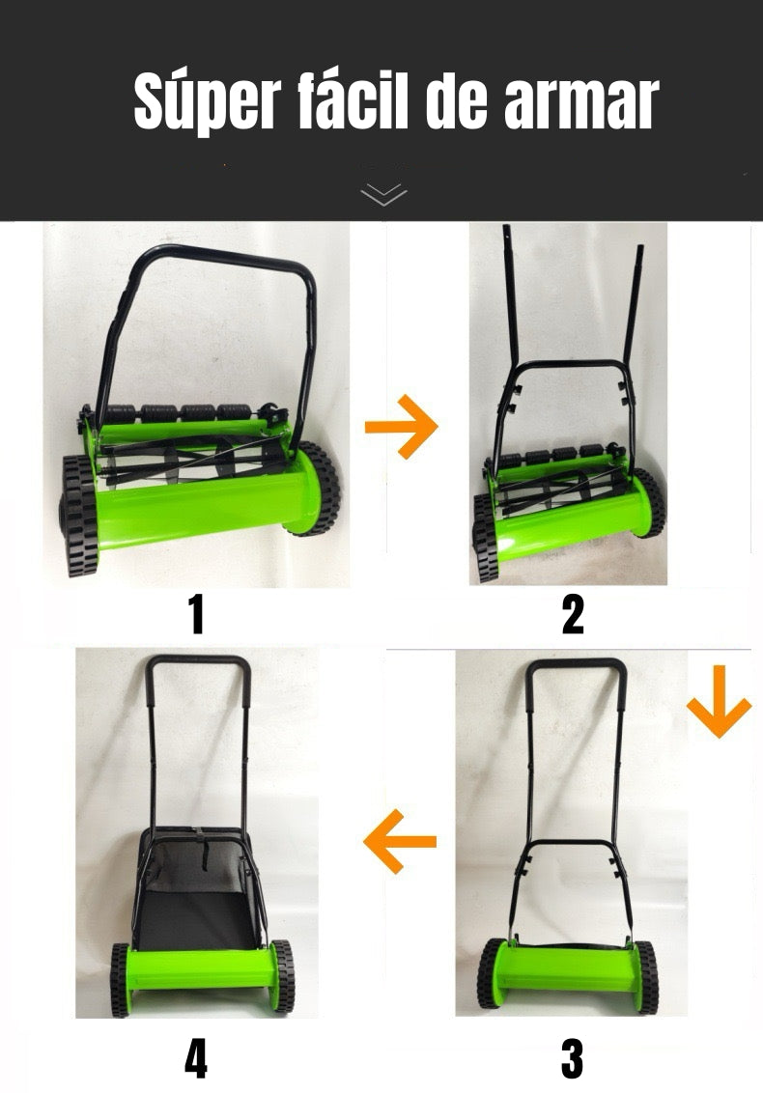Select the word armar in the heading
click(581, 103)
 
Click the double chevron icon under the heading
click(383, 194)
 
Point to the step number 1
click(197, 614)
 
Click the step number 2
click(574, 614)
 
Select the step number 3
click(572, 1058)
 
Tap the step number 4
click(196, 1058)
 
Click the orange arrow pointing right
click(402, 426)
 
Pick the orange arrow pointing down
click(720, 701)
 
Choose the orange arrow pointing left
click(400, 841)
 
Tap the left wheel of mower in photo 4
click(120, 980)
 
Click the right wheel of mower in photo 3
click(646, 977)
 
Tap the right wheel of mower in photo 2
click(651, 502)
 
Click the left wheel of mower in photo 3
click(490, 973)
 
